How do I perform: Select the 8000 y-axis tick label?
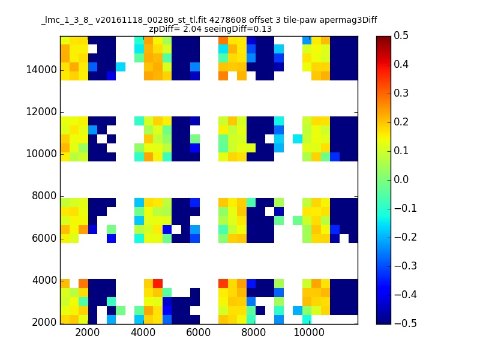(43, 196)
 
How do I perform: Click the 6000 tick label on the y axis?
(43, 238)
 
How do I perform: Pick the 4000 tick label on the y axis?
(43, 280)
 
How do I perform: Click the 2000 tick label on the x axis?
(88, 333)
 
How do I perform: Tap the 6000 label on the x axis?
(199, 333)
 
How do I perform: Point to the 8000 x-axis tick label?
(254, 333)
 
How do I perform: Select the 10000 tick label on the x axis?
(309, 333)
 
